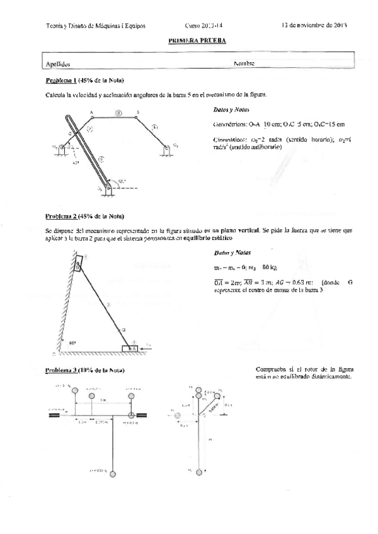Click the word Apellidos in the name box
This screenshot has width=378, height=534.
[x=58, y=64]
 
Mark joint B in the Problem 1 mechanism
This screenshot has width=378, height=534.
[x=138, y=116]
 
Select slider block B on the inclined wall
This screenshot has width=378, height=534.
[x=79, y=263]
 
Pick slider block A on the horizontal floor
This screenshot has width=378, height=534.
[x=133, y=347]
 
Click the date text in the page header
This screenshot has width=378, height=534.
[x=313, y=26]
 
